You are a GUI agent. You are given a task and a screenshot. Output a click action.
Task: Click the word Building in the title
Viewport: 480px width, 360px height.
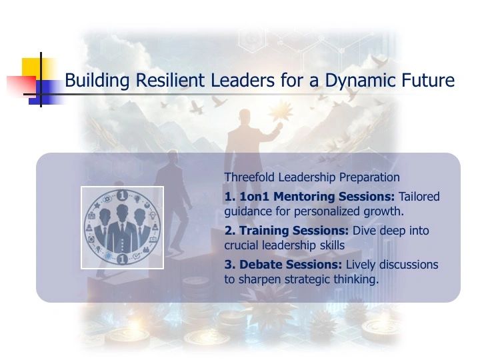[97, 81]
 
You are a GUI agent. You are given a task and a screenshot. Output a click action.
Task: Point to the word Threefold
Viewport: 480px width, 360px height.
[249, 177]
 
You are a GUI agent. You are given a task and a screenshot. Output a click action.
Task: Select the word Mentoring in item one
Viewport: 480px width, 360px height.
[304, 197]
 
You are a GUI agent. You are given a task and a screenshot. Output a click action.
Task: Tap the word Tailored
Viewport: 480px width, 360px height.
[419, 197]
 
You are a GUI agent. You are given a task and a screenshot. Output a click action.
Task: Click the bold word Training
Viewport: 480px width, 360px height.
[263, 231]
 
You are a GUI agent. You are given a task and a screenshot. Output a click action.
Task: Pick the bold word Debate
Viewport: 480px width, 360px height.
[260, 265]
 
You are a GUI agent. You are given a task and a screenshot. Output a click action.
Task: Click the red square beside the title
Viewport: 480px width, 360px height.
[21, 85]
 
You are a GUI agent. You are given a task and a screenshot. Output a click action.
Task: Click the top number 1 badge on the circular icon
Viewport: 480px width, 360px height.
[122, 195]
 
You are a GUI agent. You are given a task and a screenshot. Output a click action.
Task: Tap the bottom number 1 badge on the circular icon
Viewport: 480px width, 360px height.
[122, 259]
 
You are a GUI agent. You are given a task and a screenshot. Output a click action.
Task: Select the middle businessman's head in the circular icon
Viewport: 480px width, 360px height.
[122, 212]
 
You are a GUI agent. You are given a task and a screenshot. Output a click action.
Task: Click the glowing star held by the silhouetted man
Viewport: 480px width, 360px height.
[279, 113]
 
